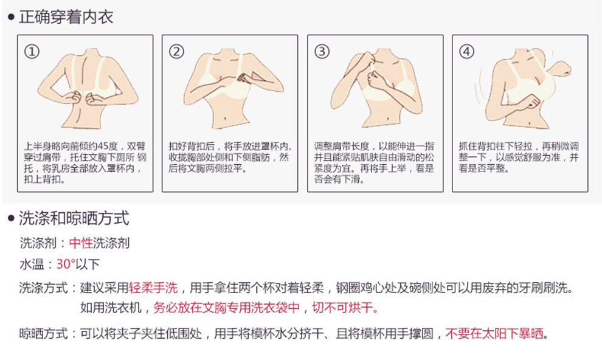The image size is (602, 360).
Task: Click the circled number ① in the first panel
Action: pos(32,52)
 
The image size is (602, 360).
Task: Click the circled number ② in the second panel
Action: pos(176,52)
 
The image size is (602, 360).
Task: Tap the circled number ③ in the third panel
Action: pos(322,52)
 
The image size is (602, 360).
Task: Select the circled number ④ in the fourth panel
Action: pos(466,52)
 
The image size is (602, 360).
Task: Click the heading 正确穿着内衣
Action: pos(66,17)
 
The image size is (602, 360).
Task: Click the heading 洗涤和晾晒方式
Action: pos(74,218)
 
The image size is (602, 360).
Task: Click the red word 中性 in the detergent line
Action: pos(81,243)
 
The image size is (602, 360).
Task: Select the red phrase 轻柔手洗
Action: pos(153,288)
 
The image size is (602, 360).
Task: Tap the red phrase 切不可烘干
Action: pos(345,308)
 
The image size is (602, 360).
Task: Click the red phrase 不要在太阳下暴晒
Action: pos(494,333)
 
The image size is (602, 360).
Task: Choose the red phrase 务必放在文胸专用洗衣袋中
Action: pos(227,308)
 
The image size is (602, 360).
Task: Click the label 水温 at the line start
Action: pos(32,264)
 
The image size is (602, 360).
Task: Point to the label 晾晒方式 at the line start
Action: pos(43,333)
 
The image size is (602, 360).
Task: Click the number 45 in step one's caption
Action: pos(103,146)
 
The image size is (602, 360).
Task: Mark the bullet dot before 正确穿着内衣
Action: pos(11,17)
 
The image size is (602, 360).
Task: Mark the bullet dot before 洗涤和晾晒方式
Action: pos(11,218)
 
